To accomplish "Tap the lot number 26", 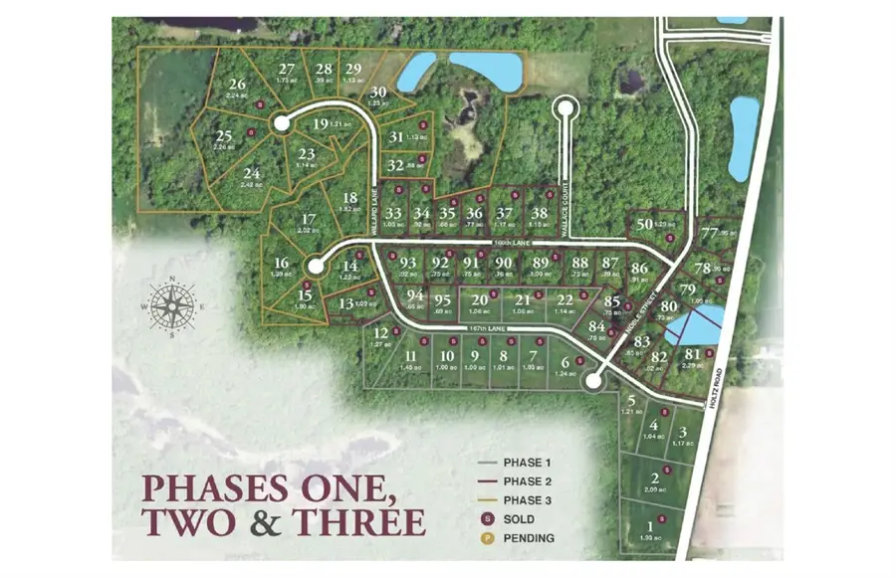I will [237, 85].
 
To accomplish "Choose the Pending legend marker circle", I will [487, 538].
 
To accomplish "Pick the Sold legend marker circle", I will [487, 519].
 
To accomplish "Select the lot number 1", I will [651, 526].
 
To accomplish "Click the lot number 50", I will [645, 225].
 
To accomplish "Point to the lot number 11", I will [410, 356].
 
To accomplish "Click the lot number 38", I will [539, 213].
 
